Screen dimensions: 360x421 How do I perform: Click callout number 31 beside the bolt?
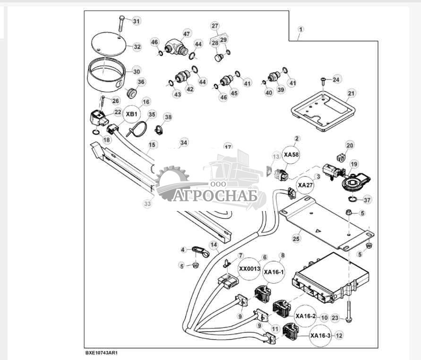136,21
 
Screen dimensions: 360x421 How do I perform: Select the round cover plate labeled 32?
110,44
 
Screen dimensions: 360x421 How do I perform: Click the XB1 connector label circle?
131,114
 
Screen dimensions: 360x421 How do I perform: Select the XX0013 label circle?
249,269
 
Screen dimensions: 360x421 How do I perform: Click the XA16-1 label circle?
274,272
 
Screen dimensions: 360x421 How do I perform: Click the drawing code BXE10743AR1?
101,353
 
